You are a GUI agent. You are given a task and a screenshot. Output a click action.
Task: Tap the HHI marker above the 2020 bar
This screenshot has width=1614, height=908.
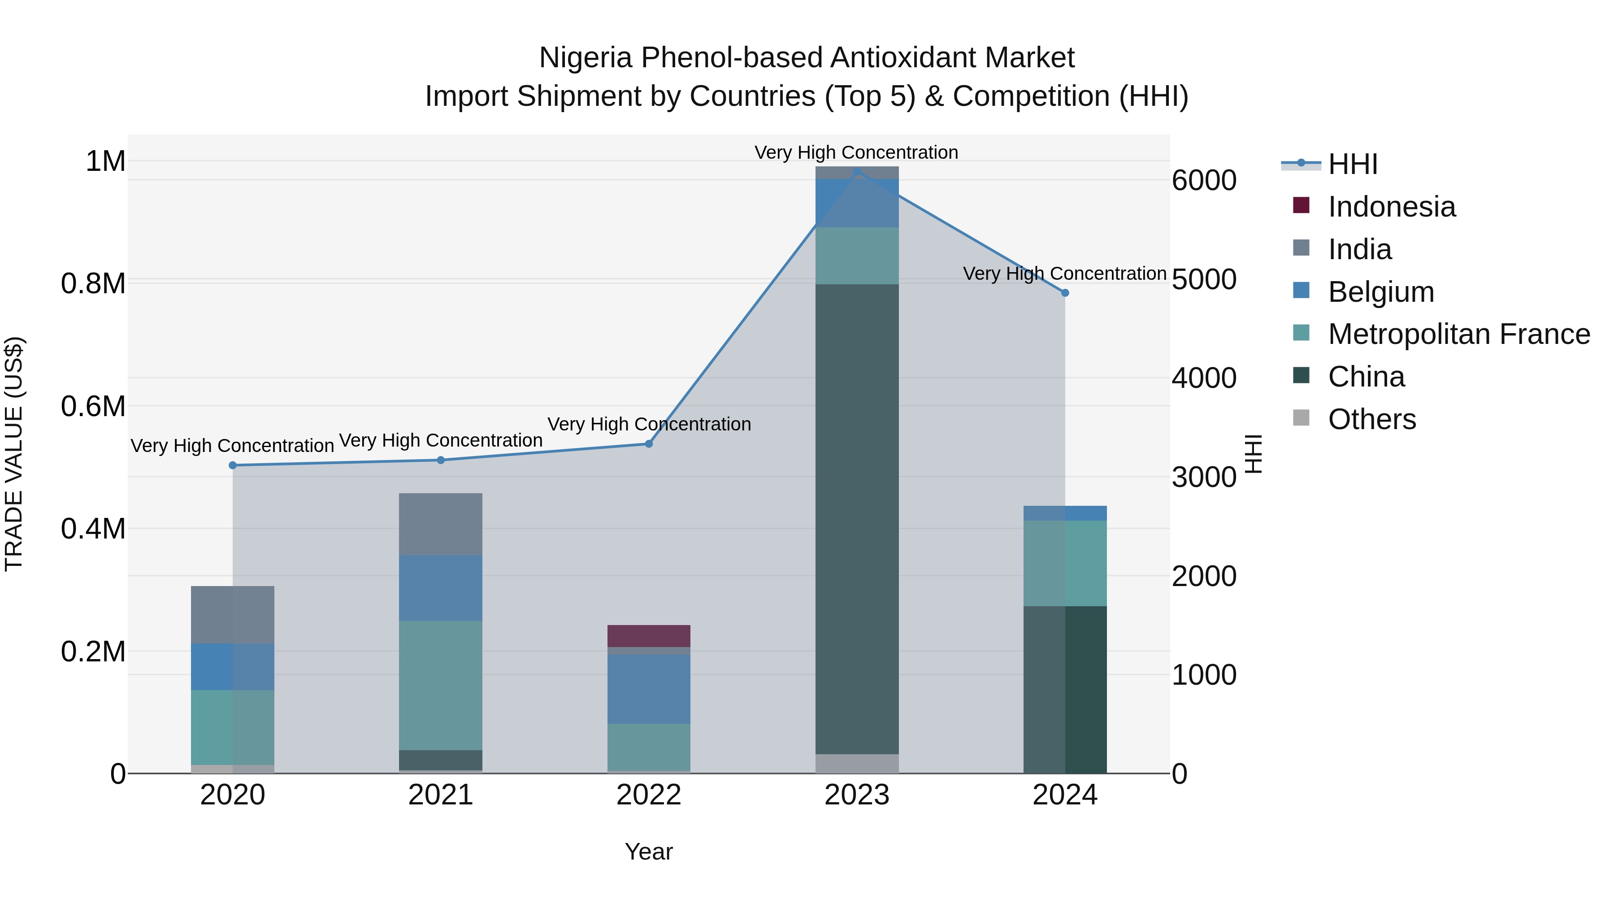[x=232, y=465]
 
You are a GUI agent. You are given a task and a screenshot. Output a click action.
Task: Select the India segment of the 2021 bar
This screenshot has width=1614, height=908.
[x=440, y=524]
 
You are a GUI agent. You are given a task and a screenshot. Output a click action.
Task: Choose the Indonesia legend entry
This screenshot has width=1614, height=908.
[x=1391, y=207]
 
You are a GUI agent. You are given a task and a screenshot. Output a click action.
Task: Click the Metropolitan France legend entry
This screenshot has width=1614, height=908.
[x=1458, y=334]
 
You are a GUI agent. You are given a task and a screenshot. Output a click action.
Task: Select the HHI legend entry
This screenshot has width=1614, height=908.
[x=1352, y=164]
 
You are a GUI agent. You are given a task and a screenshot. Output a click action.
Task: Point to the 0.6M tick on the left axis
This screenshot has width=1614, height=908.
[x=93, y=406]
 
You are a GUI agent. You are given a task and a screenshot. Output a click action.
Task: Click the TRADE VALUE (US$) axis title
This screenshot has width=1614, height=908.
[x=14, y=454]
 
